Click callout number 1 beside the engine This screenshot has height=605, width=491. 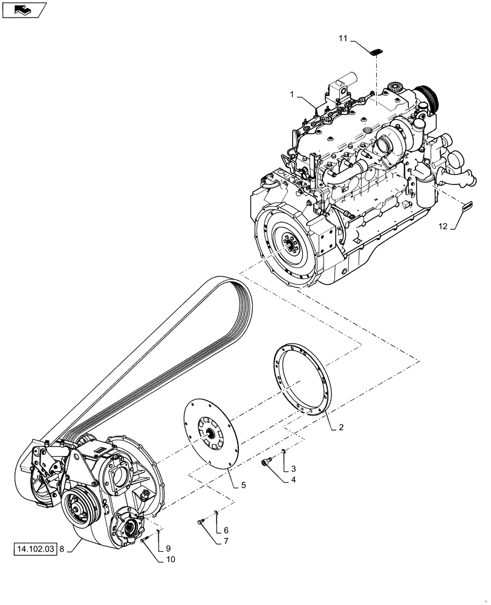292,95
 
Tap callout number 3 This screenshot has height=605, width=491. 294,469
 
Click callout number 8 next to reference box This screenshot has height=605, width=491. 62,549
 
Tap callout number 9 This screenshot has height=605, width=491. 169,548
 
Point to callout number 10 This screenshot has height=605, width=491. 171,560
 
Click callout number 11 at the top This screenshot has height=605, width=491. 342,39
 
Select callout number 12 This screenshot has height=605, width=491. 443,226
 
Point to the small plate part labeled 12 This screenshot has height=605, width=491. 467,206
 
